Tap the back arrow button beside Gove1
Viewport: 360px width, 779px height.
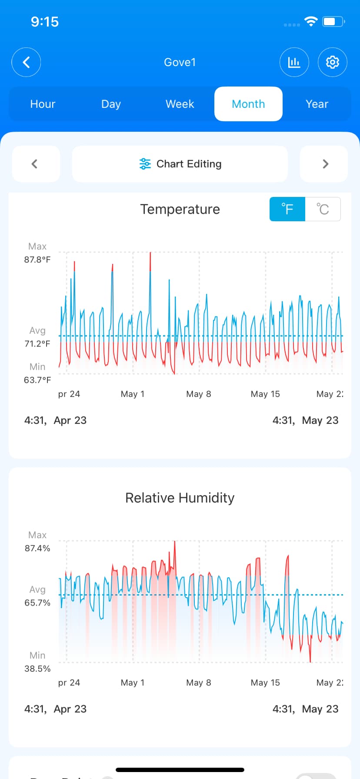26,62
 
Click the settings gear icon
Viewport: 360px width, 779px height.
333,62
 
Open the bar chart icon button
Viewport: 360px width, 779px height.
294,62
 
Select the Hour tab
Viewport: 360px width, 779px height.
43,104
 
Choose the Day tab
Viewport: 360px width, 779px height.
111,104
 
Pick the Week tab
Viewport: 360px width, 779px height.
180,104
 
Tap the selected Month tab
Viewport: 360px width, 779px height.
248,104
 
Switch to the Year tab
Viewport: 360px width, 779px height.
317,104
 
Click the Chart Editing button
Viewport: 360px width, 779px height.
180,164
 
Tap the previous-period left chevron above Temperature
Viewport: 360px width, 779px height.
35,164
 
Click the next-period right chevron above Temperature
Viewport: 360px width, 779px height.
324,164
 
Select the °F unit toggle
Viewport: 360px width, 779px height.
287,209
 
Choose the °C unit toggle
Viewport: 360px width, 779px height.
323,209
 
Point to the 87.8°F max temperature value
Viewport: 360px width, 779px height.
37,260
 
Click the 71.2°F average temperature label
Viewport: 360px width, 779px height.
37,343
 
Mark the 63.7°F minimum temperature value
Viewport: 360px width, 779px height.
37,380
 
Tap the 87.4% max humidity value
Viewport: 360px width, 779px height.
37,548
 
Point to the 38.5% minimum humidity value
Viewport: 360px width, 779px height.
37,669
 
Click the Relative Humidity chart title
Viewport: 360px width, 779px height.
180,498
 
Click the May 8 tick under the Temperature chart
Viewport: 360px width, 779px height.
199,394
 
